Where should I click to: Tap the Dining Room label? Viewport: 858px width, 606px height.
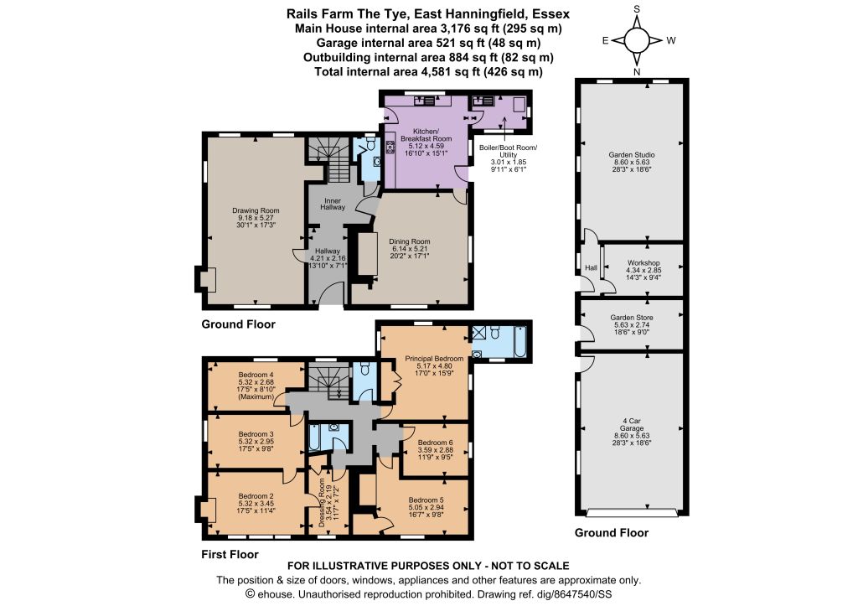point(409,241)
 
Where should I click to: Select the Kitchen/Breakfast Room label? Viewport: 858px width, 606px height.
point(426,135)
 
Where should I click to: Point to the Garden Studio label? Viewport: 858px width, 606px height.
point(632,155)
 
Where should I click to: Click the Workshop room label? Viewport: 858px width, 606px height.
point(643,262)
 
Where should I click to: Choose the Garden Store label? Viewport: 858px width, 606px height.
point(632,318)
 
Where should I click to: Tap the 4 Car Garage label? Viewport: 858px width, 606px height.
point(632,425)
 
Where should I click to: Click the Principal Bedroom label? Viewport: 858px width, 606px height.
point(434,359)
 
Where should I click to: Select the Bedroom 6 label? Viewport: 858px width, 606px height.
point(435,443)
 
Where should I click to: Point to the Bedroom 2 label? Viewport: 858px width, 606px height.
point(256,496)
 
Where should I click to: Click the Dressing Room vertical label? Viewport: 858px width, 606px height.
point(323,503)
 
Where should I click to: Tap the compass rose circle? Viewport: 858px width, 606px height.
point(637,40)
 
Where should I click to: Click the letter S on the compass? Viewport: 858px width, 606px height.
point(637,9)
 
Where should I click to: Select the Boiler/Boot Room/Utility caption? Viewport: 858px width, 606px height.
point(509,151)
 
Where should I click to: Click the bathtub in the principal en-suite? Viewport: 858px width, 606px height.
point(519,342)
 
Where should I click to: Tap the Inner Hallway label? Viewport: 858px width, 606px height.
point(333,205)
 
